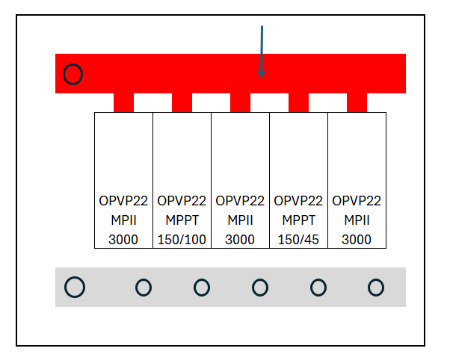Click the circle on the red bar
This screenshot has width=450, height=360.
point(73,74)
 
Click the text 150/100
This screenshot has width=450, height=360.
point(182,240)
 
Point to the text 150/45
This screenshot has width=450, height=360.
point(298,240)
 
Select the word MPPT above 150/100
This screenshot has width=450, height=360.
point(182,220)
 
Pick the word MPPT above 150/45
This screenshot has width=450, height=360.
point(298,220)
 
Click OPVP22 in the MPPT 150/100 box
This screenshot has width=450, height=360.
point(182,201)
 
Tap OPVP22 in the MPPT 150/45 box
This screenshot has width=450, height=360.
point(298,201)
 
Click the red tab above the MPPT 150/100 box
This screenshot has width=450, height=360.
point(182,102)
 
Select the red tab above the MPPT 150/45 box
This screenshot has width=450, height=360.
point(298,102)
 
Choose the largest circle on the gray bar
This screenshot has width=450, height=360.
point(75,287)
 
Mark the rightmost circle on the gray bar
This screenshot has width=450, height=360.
point(376,287)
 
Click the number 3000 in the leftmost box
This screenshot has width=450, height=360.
point(123,240)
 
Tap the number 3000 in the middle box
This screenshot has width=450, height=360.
point(240,240)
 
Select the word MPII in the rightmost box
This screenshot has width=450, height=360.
point(357,220)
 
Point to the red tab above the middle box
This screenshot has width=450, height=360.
point(240,102)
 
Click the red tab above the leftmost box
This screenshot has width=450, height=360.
point(123,102)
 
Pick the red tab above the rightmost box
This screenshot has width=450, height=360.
point(357,102)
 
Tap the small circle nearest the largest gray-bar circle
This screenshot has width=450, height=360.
point(143,287)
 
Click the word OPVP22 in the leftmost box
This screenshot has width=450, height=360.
point(123,201)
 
